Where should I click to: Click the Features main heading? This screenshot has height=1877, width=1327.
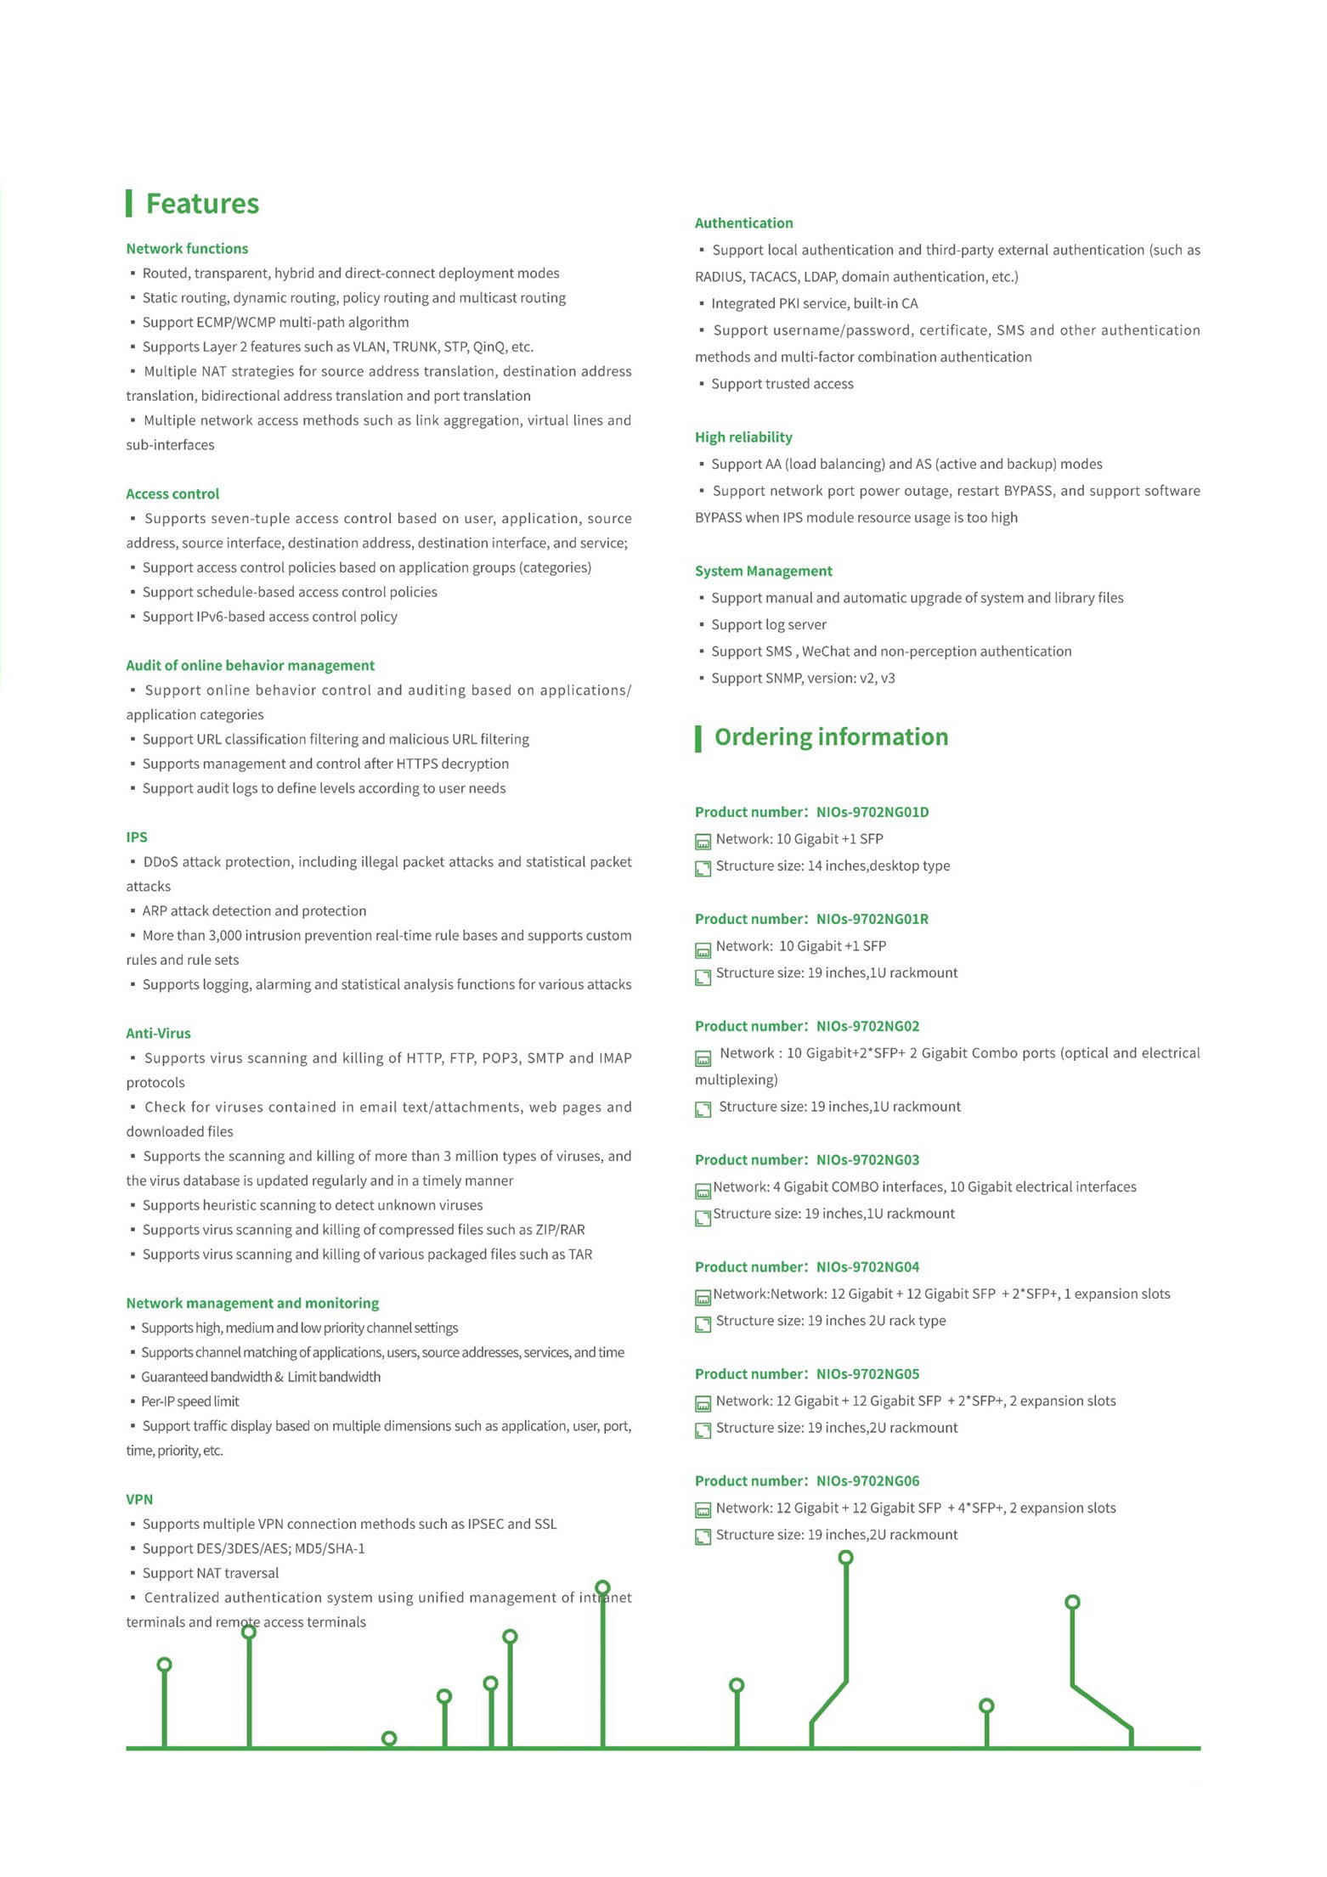pyautogui.click(x=202, y=204)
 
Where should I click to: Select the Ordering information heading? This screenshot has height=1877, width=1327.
pyautogui.click(x=831, y=737)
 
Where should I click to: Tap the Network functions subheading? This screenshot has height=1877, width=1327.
pyautogui.click(x=187, y=249)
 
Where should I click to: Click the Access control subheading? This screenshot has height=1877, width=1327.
pyautogui.click(x=172, y=494)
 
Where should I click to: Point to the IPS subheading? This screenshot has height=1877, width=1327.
pyautogui.click(x=137, y=837)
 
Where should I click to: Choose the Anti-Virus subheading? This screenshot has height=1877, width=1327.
pyautogui.click(x=158, y=1034)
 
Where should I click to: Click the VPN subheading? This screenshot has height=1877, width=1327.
pyautogui.click(x=139, y=1500)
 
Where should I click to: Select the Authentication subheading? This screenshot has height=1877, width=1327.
pyautogui.click(x=743, y=223)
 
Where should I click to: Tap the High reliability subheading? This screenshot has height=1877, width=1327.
pyautogui.click(x=743, y=437)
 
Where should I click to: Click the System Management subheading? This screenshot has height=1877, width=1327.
pyautogui.click(x=763, y=572)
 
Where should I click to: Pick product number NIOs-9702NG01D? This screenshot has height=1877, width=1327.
pyautogui.click(x=872, y=813)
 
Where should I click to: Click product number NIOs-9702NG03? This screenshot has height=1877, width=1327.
pyautogui.click(x=867, y=1160)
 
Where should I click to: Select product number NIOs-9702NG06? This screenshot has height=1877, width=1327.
pyautogui.click(x=867, y=1481)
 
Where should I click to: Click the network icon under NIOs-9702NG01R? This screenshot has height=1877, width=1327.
pyautogui.click(x=703, y=950)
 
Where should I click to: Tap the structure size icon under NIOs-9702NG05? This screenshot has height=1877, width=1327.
pyautogui.click(x=703, y=1431)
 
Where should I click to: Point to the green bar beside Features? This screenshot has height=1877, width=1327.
pyautogui.click(x=129, y=204)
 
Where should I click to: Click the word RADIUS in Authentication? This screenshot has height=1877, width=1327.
pyautogui.click(x=719, y=277)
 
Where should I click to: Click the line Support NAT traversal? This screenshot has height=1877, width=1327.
pyautogui.click(x=210, y=1574)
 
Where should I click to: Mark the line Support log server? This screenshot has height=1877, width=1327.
pyautogui.click(x=768, y=625)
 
